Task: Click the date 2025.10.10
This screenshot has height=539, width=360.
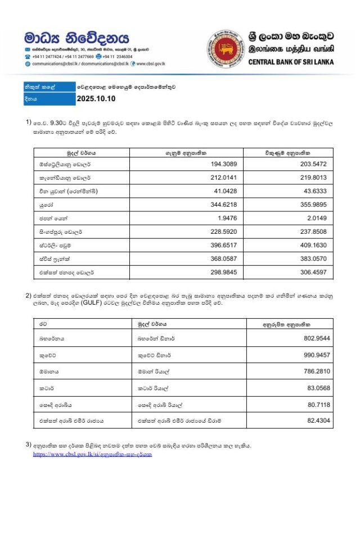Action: pyautogui.click(x=96, y=99)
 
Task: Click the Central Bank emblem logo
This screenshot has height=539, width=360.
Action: pyautogui.click(x=224, y=49)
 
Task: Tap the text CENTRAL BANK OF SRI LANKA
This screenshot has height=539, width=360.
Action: pyautogui.click(x=291, y=62)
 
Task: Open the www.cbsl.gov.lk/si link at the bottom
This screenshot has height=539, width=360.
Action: pyautogui.click(x=92, y=454)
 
